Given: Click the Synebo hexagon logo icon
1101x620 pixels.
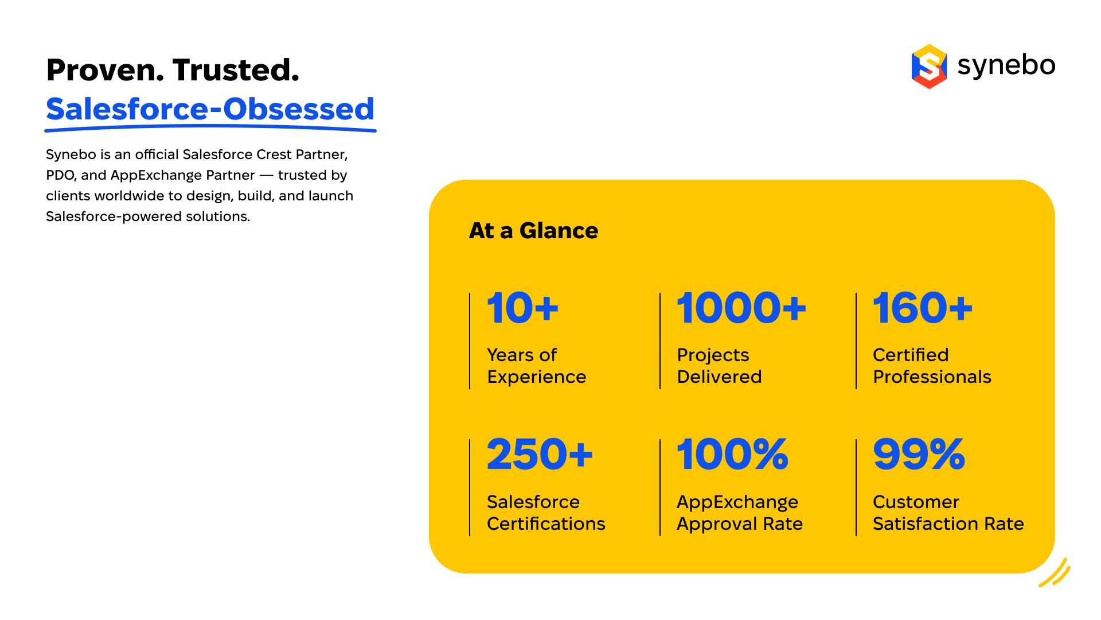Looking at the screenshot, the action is pos(929,66).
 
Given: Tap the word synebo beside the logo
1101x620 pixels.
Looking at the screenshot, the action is pos(1006,65).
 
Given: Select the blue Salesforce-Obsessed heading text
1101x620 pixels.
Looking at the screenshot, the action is pos(210,109).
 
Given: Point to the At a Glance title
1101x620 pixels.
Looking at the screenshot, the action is pos(533,231).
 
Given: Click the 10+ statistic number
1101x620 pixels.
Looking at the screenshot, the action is pos(522,308).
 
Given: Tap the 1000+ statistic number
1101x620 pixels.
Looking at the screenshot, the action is pos(741,308).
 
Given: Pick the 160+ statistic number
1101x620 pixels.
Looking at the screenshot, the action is pos(923,308).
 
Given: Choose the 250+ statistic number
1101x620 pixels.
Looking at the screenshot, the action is pos(540,454).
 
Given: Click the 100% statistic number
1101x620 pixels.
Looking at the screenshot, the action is pos(732,454).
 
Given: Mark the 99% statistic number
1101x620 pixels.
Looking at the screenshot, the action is pos(919,454).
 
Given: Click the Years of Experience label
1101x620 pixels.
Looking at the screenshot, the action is pos(537,366).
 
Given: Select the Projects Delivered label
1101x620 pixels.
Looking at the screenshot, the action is pos(719,366).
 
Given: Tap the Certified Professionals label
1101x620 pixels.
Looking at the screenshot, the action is pos(932,366).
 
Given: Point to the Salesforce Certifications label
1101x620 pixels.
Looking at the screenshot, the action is pos(546,513).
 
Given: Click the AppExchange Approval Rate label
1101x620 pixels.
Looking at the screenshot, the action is pos(740,513).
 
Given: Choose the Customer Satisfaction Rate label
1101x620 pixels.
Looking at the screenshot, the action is pos(948,513).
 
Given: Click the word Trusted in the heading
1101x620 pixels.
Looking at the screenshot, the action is pos(236,70).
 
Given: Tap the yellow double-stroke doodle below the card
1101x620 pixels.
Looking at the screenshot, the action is pos(1055,573).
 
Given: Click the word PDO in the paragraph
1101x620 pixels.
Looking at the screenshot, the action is pos(60,175).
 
